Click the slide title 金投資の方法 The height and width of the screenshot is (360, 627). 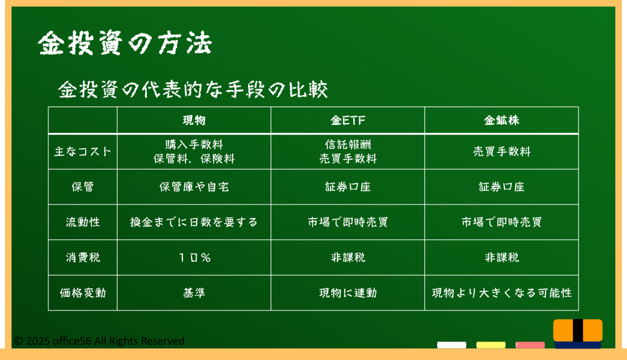coord(125,43)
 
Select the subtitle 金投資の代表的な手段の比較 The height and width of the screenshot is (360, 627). coord(193,89)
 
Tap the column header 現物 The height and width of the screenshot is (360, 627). coord(194,120)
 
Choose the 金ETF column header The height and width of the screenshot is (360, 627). coord(348,120)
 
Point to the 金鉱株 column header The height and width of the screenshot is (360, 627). coord(501,120)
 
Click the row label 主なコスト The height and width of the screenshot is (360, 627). coord(83,152)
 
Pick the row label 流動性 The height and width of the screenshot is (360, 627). coord(83,222)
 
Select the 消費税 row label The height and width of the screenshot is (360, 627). coord(83,257)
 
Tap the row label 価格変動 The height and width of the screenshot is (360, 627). coord(83,293)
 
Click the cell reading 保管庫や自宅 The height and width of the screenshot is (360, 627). coord(194,187)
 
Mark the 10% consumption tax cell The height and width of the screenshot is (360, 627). coord(194,257)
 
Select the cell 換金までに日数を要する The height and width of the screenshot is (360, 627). coord(194,222)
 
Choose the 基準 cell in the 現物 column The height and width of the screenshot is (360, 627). coord(194,293)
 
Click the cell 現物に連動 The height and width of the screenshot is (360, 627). coord(348,293)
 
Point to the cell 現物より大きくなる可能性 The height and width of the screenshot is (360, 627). coord(501,293)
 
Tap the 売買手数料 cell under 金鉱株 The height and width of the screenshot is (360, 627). coord(501,152)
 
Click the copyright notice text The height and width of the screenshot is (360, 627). coord(99,341)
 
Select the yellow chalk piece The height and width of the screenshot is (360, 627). coord(490,345)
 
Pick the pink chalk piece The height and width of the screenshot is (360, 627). coord(530,345)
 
